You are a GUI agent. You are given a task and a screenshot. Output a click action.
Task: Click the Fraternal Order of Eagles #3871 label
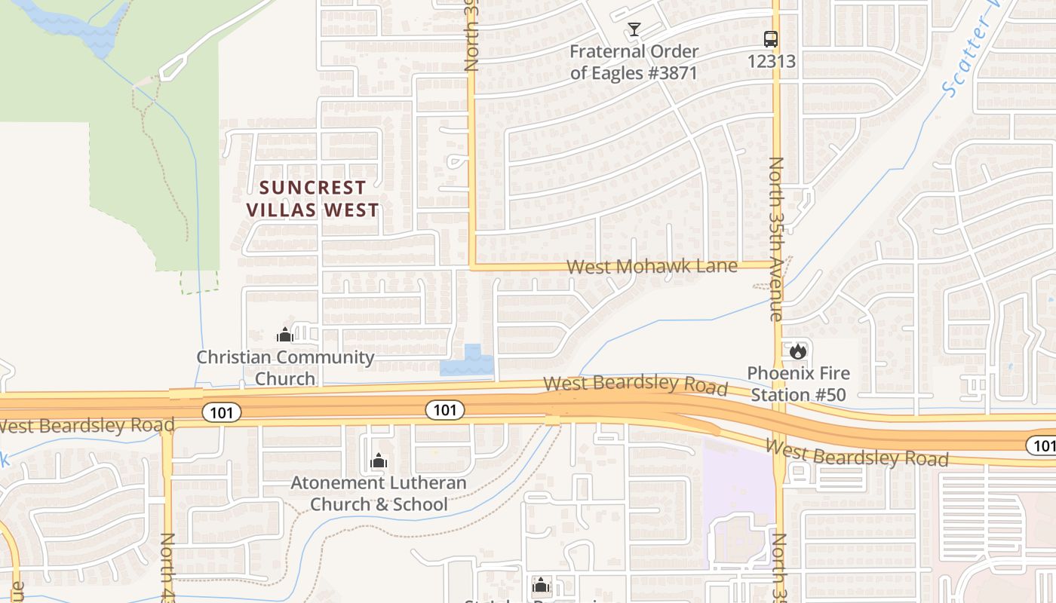coord(634,62)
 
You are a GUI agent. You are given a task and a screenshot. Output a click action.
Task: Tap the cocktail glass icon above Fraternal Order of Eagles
coord(634,29)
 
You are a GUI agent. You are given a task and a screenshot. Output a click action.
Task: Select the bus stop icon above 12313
coord(770,39)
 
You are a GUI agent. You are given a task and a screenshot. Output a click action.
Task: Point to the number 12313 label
coord(771,61)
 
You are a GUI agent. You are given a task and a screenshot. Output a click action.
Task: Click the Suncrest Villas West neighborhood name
coord(312,198)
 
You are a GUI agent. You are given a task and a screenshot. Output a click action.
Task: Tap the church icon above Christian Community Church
coord(284,335)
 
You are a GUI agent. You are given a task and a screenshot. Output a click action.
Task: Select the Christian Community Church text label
coord(285,367)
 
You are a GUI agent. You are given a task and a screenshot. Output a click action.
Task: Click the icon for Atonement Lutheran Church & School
coord(378,461)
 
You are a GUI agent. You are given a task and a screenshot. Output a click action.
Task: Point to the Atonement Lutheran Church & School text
coord(379,493)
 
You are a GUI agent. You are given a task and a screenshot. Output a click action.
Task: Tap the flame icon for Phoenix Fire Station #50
coord(797,351)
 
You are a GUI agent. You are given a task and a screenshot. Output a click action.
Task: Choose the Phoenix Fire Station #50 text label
coord(798,383)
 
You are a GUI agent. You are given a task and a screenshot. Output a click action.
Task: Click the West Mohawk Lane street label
coord(652,266)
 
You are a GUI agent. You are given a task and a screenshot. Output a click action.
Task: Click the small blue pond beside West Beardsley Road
coord(468,363)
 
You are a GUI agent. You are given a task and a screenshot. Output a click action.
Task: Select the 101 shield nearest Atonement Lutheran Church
coord(444,410)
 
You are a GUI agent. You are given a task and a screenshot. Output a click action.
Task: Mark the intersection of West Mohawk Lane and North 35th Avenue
coord(777,265)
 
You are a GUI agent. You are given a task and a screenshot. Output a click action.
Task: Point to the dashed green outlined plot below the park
coord(199,282)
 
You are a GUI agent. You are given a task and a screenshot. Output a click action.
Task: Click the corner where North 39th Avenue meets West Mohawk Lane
coord(473,266)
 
